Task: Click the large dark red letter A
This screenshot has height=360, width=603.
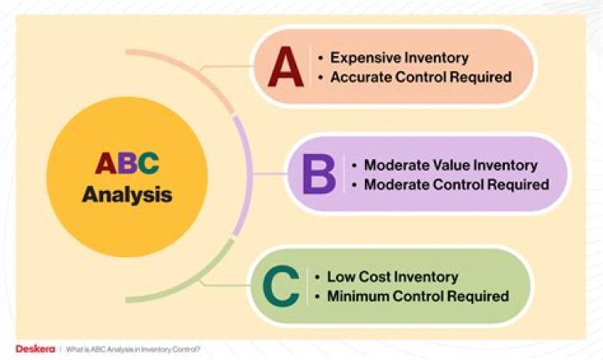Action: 286,68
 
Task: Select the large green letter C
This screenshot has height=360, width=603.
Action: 281,285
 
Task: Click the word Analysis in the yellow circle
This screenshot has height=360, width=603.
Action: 126,195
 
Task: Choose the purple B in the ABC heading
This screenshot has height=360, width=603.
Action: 126,162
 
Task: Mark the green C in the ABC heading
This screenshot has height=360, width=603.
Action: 148,162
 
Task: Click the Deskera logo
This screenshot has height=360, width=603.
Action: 33,348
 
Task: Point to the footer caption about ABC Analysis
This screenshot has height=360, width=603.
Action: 133,348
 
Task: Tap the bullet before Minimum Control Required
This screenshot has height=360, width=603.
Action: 317,296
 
